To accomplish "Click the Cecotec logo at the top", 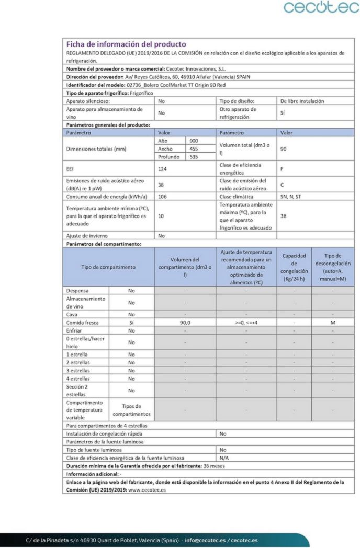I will (321, 8).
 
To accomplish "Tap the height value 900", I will (194, 141).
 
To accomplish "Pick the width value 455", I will (194, 149).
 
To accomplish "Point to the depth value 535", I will (194, 157).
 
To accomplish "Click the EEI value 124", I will (163, 169).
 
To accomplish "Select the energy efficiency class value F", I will (283, 169).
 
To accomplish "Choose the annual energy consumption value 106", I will (163, 197).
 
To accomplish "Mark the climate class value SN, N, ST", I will (291, 197).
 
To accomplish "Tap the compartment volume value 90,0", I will (185, 323).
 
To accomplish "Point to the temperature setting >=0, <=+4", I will (246, 323).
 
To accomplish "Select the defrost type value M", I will (332, 323).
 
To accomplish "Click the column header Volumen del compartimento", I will (185, 267).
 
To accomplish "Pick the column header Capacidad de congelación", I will (294, 267).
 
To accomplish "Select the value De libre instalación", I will (302, 101).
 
